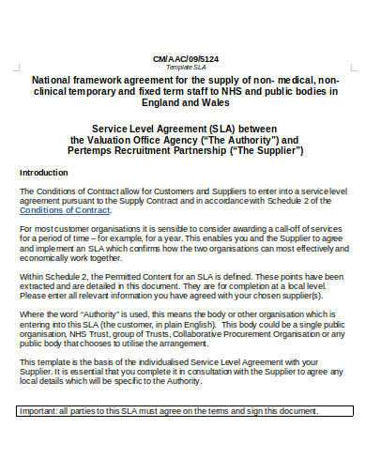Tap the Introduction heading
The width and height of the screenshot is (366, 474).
[43, 173]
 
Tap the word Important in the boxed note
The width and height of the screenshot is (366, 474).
[38, 438]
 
